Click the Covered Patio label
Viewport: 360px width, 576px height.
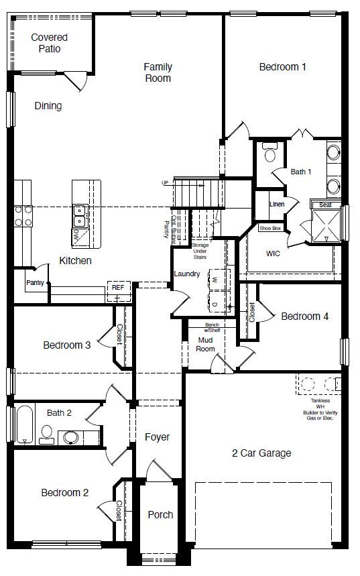coord(50,43)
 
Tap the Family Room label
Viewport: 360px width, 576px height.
coord(158,72)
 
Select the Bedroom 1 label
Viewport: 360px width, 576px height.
coord(282,66)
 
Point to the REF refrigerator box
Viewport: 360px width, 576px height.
coord(117,288)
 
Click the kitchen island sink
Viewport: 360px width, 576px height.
coord(79,215)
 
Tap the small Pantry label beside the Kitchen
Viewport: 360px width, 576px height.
coord(35,283)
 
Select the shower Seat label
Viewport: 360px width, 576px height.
coord(325,205)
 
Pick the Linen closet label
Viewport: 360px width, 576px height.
coord(276,204)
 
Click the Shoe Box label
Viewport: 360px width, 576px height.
coord(269,229)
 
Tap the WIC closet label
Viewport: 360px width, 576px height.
coord(273,253)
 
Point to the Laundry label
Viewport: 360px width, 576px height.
coord(187,274)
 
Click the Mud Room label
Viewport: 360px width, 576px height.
coord(205,344)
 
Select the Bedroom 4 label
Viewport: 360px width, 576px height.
coord(304,316)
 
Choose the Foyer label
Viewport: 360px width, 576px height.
coord(158,437)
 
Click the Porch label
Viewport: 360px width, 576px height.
coord(160,515)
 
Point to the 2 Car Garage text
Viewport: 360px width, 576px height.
coord(261,453)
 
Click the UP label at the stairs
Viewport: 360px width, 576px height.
coord(165,182)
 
